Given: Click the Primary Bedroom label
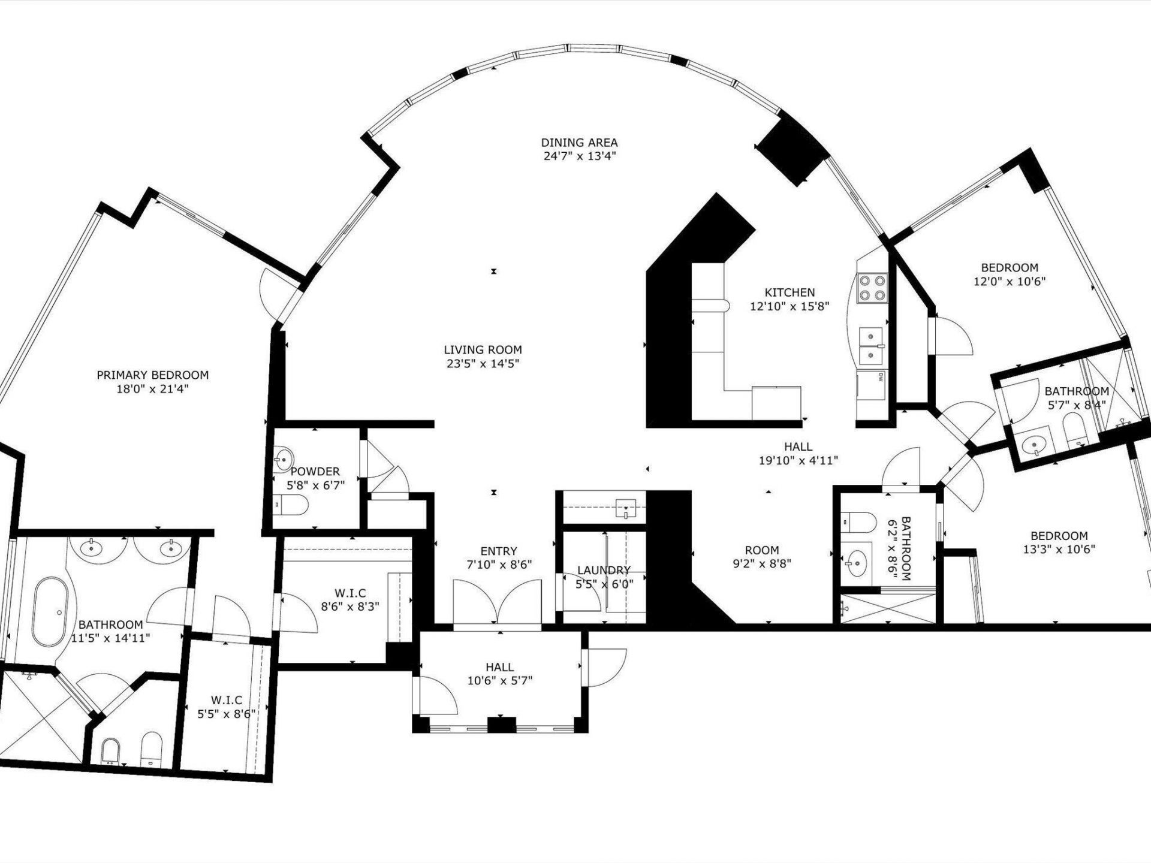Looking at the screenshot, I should [x=153, y=375].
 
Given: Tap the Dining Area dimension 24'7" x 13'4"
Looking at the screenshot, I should [x=579, y=156].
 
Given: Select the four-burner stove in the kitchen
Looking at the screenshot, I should [x=872, y=288].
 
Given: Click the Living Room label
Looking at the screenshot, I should [x=483, y=349].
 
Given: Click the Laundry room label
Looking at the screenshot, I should [x=603, y=570].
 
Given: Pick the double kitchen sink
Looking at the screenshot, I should [x=872, y=346].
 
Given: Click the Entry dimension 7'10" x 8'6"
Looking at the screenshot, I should [x=499, y=565].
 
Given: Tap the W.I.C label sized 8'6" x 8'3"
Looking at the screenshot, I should [x=351, y=593].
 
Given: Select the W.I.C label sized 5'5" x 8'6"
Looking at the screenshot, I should [x=227, y=700].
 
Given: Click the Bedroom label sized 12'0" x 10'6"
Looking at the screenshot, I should [x=1009, y=268].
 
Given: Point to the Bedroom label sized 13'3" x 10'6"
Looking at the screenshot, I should [x=1059, y=536].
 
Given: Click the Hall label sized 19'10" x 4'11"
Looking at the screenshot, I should [x=798, y=446].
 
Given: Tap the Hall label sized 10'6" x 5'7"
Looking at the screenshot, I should [x=499, y=667].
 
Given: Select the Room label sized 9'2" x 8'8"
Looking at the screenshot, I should [x=762, y=550].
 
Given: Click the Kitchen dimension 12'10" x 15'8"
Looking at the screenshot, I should [x=790, y=306].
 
